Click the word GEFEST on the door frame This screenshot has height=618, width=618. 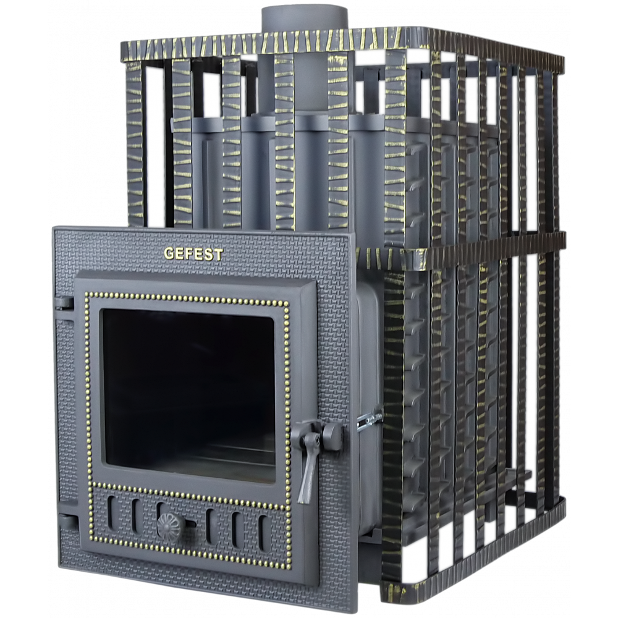pyautogui.click(x=193, y=254)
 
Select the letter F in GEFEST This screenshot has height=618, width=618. pyautogui.click(x=188, y=254)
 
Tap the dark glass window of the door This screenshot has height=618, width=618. pyautogui.click(x=188, y=395)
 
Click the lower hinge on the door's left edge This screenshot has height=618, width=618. pyautogui.click(x=66, y=522)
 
